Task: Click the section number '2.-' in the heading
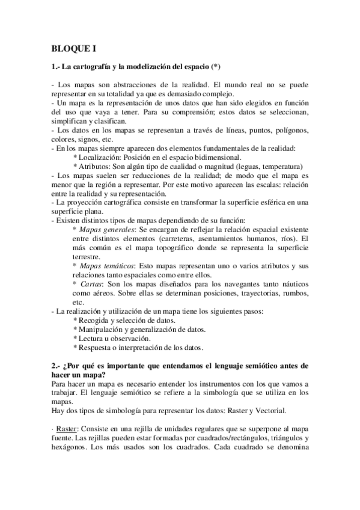pyautogui.click(x=56, y=366)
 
